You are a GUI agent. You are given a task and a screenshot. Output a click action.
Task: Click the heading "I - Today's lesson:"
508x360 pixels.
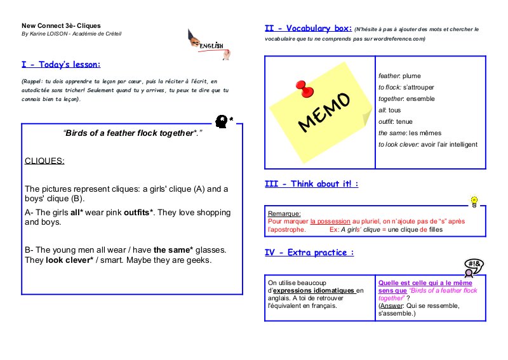(61, 65)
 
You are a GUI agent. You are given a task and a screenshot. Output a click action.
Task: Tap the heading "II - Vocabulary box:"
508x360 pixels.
(307, 29)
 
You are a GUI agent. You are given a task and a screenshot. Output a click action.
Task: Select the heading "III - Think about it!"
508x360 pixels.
(311, 184)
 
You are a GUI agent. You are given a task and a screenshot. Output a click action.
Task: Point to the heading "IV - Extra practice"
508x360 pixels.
(309, 253)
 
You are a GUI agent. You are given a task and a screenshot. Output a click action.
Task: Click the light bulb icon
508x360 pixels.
(473, 201)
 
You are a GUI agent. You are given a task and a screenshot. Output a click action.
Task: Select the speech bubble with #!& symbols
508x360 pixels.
(474, 264)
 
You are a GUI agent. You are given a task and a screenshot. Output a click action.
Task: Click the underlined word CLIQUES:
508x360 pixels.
(44, 161)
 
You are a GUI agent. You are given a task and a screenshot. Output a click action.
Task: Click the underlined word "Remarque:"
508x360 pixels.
(284, 214)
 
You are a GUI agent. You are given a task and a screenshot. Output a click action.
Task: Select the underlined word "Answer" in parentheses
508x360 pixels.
(391, 305)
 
